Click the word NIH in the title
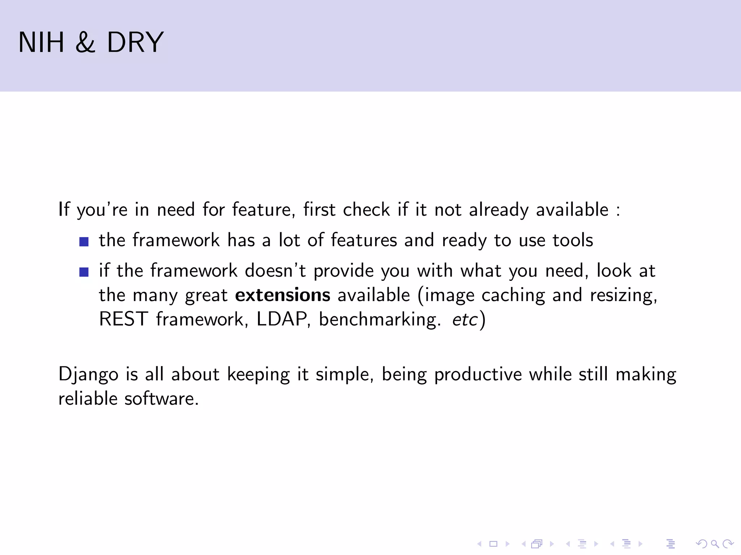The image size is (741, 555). pyautogui.click(x=41, y=42)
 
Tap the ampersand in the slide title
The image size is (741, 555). pyautogui.click(x=85, y=42)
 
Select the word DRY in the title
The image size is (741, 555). pyautogui.click(x=135, y=42)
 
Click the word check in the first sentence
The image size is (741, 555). pyautogui.click(x=366, y=210)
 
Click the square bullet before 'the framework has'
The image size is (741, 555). pyautogui.click(x=84, y=241)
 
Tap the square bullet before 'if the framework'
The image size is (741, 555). pyautogui.click(x=84, y=272)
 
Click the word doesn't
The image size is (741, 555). pyautogui.click(x=275, y=271)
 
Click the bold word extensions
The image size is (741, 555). pyautogui.click(x=283, y=295)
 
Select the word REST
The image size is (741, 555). pyautogui.click(x=123, y=319)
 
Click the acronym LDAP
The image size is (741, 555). pyautogui.click(x=282, y=319)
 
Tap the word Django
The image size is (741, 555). pyautogui.click(x=88, y=375)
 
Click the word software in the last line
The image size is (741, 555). pyautogui.click(x=161, y=399)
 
